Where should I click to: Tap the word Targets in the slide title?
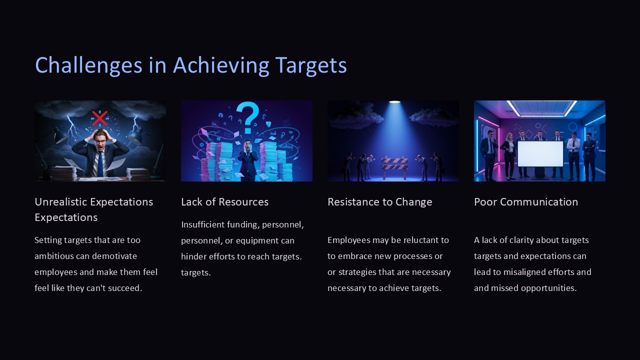[x=310, y=65]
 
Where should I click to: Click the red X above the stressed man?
[x=99, y=118]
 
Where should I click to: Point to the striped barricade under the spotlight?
[x=394, y=164]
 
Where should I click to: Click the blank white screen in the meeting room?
[x=539, y=153]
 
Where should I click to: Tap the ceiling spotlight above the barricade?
[x=394, y=102]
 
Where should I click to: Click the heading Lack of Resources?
[x=224, y=202]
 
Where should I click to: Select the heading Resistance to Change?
[x=379, y=202]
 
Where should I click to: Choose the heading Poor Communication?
[x=525, y=202]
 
